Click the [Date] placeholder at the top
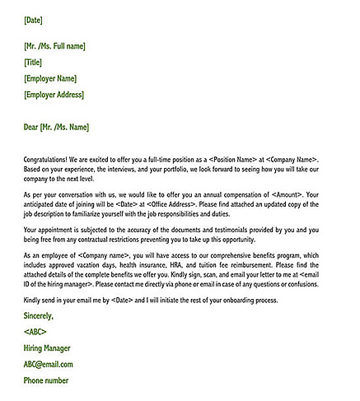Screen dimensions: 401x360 [x=34, y=18]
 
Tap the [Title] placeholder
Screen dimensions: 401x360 [x=34, y=63]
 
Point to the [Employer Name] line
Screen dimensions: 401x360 [x=51, y=79]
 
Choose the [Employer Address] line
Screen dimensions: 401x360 [x=54, y=96]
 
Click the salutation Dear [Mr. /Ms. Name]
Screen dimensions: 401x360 [x=57, y=127]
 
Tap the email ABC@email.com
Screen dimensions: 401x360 [x=49, y=364]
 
